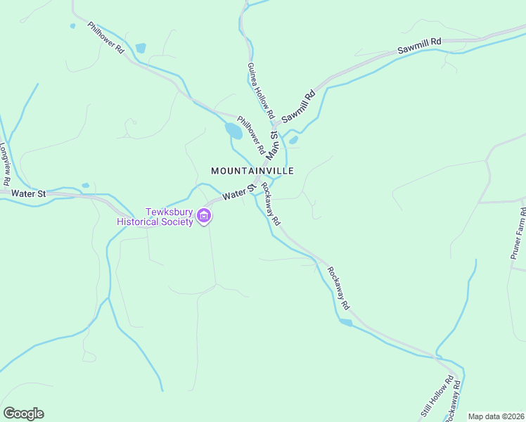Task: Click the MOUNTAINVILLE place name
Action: [x=252, y=171]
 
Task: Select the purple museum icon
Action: [x=204, y=216]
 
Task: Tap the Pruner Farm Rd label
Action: [x=517, y=237]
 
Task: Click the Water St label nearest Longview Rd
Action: [x=30, y=193]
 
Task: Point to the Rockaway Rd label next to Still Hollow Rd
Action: [x=454, y=402]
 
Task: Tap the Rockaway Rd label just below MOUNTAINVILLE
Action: [x=271, y=204]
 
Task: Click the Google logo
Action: [x=23, y=414]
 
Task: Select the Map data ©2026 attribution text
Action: [x=496, y=416]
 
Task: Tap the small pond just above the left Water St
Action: [x=85, y=186]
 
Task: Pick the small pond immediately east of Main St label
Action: [x=293, y=140]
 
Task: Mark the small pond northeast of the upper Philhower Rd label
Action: [x=141, y=49]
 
